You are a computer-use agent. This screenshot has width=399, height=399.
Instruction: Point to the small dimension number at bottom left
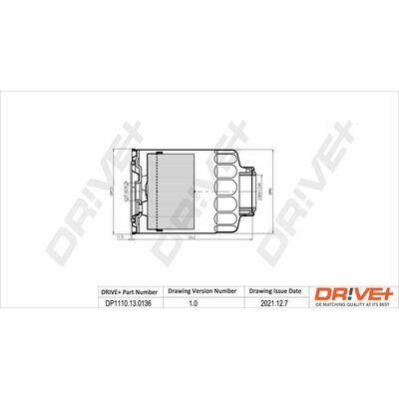[118, 237]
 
